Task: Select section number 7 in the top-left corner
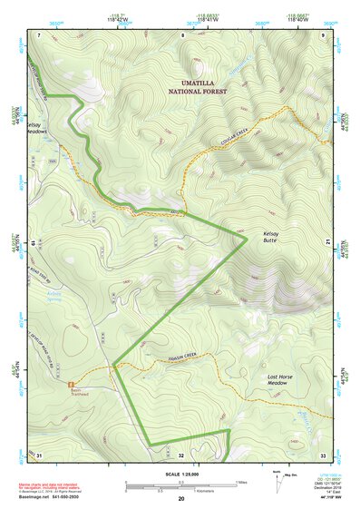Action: [x=39, y=35]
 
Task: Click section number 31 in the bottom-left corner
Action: [x=40, y=454]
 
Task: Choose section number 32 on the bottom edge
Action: [x=181, y=454]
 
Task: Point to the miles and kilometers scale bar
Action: [x=181, y=485]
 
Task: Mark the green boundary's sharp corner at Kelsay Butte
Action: [x=248, y=239]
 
